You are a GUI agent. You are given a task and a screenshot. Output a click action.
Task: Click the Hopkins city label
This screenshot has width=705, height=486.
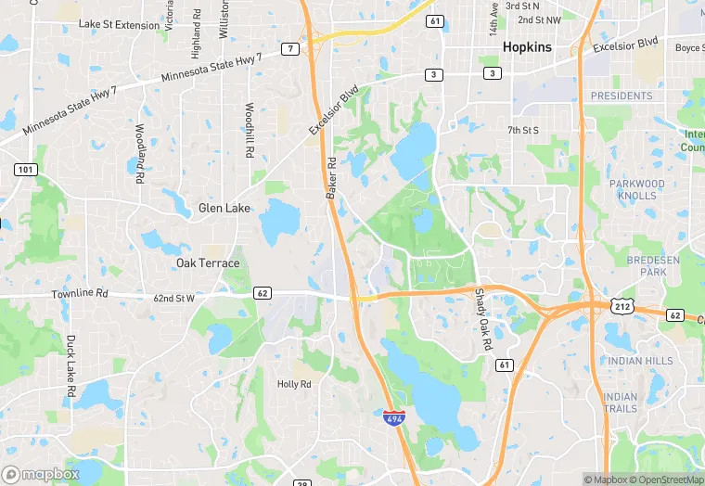coord(526,46)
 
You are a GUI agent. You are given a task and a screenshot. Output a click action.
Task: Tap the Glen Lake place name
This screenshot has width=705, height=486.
coord(224,209)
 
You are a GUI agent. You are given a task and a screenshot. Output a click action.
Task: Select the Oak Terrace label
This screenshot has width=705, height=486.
coord(208,263)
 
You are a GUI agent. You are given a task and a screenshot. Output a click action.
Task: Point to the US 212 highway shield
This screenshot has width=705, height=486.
coord(622,305)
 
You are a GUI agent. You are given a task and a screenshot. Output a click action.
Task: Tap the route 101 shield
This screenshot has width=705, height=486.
coord(25,170)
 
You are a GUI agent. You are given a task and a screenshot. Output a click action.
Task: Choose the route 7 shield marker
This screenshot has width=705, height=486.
coord(291,48)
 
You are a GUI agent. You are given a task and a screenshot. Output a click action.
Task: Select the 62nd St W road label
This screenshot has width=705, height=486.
coord(173,299)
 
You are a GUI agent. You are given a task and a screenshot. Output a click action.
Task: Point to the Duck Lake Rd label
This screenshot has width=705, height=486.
coord(70,365)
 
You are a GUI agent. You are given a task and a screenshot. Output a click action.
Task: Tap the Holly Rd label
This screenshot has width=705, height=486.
coord(294,384)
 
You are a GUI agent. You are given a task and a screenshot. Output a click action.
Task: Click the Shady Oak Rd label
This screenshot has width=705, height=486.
coord(483,319)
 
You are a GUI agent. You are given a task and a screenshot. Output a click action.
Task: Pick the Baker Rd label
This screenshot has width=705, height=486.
coord(331,176)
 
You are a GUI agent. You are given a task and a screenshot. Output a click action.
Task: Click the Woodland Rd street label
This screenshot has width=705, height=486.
coord(140,152)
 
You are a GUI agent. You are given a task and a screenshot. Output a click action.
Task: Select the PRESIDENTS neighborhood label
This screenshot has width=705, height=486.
coord(622,96)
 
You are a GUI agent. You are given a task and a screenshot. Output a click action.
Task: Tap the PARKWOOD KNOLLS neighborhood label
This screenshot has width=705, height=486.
coord(637,190)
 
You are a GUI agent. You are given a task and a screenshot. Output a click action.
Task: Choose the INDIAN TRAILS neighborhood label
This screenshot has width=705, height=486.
coord(621,403)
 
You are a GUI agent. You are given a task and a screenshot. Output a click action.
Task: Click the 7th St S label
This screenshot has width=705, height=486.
coord(523,131)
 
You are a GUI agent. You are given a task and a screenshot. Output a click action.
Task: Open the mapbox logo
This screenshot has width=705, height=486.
coord(41,474)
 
